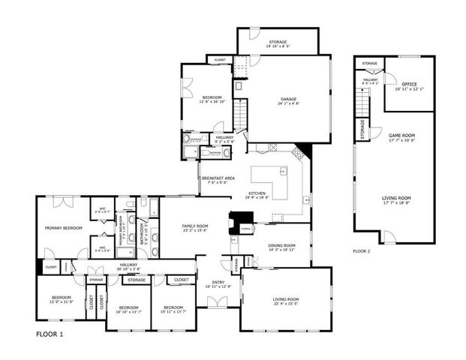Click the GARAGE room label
point(288,99)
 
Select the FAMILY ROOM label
point(195,226)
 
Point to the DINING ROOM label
point(281,245)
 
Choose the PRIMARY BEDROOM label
point(63,227)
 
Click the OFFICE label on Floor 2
point(409,84)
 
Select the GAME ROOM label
point(401,135)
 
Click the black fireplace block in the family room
point(242,223)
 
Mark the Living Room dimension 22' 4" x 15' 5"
point(285,304)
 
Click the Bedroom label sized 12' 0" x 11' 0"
point(62,301)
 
